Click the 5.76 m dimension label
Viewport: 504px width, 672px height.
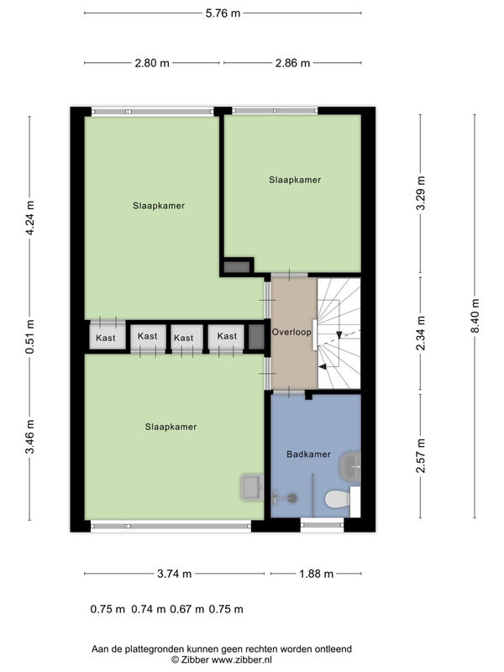pos(223,13)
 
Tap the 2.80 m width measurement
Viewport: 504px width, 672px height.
pos(152,64)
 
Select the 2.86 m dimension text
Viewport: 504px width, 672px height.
pos(292,64)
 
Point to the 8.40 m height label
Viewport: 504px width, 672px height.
pos(475,315)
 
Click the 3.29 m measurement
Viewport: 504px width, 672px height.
pos(421,193)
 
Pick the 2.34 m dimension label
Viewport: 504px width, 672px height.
pos(421,333)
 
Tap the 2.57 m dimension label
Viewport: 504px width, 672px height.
pos(421,455)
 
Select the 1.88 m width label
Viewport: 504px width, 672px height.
pos(317,574)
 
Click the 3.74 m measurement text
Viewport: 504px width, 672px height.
pos(175,574)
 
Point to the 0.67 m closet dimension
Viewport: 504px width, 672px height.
pos(187,609)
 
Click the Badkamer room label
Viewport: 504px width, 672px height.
pos(308,454)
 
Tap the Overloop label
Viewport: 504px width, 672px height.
pos(291,332)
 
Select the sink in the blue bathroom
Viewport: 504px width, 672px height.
pos(350,466)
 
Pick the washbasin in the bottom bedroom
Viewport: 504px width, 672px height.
pos(252,487)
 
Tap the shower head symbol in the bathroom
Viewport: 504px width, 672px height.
pos(291,498)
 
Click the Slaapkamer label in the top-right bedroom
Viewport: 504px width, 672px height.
pos(295,180)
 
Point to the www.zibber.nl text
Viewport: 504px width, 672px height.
pos(242,660)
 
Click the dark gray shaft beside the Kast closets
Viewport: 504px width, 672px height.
pos(256,337)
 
